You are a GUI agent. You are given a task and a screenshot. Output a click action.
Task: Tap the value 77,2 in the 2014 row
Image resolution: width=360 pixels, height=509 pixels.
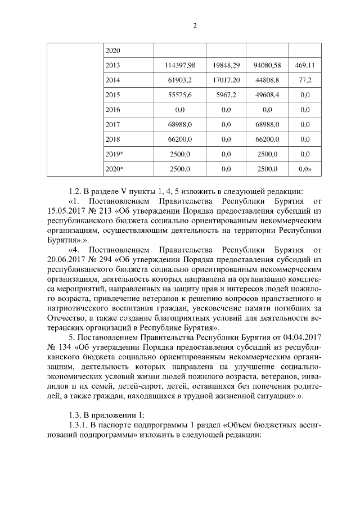(305, 80)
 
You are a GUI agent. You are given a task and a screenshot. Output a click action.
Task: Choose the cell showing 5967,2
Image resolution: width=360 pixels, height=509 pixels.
(227, 95)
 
